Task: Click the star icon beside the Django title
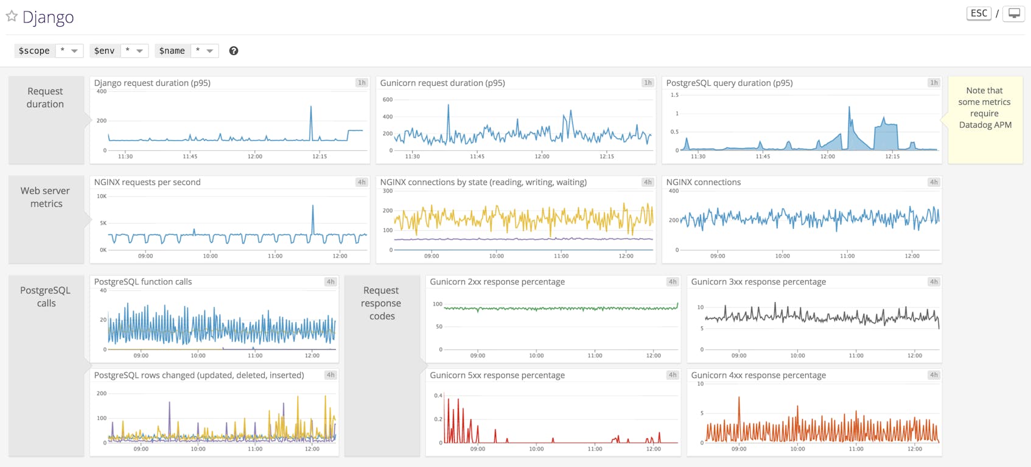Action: tap(11, 16)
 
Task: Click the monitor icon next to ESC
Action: tap(1013, 13)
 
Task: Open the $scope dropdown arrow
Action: tap(74, 51)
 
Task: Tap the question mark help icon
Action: tap(234, 51)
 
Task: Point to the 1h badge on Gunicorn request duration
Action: tap(648, 83)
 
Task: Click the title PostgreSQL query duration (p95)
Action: tap(729, 83)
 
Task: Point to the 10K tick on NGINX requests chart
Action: tap(102, 196)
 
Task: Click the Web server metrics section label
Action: tap(46, 197)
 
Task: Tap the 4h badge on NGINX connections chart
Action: tap(934, 182)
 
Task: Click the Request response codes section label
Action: tap(382, 303)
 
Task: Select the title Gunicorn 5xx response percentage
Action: tap(497, 375)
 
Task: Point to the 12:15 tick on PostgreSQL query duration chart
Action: tap(892, 156)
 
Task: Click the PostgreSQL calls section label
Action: tap(46, 297)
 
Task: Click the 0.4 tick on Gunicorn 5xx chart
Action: tap(438, 396)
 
